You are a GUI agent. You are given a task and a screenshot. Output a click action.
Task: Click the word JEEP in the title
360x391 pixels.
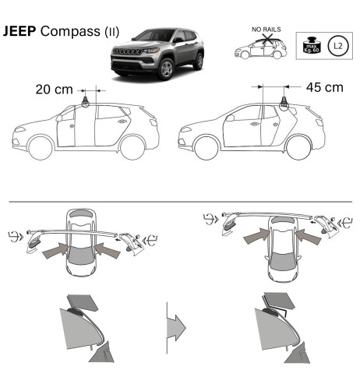coord(19,33)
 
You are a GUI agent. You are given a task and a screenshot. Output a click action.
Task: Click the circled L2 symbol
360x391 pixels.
coord(337,48)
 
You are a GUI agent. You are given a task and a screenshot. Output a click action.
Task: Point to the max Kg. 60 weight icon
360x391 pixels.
coord(309,48)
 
